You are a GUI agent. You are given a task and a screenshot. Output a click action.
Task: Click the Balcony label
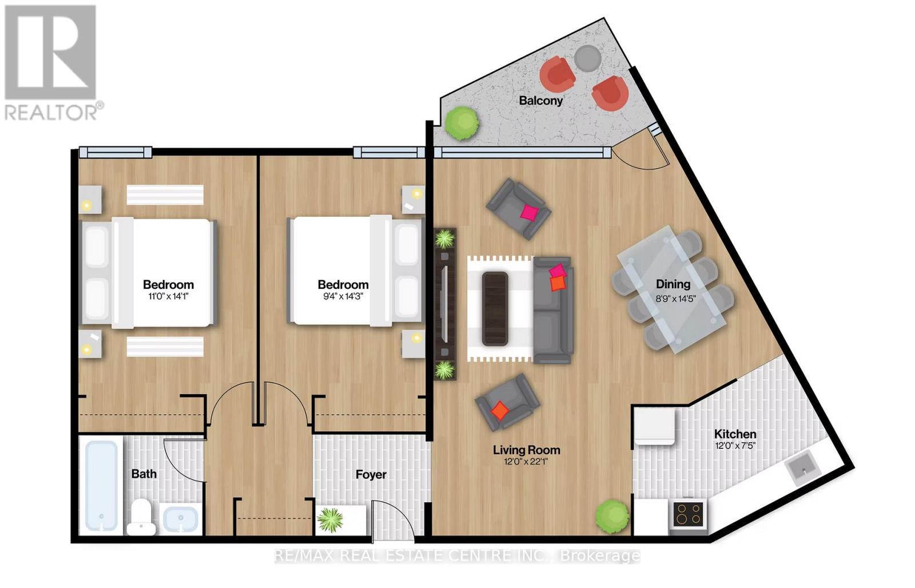pos(540,101)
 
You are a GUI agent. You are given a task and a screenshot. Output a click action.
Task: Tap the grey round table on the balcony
pos(587,58)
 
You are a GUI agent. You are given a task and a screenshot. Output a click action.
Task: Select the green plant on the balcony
pos(462,122)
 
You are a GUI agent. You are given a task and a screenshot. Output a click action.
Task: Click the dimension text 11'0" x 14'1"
pos(168,296)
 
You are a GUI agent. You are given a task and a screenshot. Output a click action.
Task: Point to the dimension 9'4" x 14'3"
pos(343,296)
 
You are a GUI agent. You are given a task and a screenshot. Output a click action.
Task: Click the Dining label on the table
pos(673,284)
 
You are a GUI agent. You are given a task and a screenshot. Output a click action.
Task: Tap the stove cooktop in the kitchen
pos(687,513)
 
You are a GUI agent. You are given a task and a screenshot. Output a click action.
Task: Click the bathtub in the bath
pos(101,485)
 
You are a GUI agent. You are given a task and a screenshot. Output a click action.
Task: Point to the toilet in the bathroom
pos(140,514)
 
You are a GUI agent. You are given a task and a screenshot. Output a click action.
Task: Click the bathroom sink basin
pos(181,520)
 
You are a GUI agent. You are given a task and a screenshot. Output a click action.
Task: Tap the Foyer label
pos(371,475)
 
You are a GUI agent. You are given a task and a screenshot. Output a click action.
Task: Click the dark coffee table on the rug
pos(495,309)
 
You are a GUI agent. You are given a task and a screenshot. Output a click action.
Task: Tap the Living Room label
pos(526,450)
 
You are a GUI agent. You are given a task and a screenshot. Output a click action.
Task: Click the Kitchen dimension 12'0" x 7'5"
pos(735,446)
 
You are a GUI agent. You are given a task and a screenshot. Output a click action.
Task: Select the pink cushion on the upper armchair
pos(529,213)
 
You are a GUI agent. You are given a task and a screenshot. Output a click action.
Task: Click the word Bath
pos(144,474)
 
